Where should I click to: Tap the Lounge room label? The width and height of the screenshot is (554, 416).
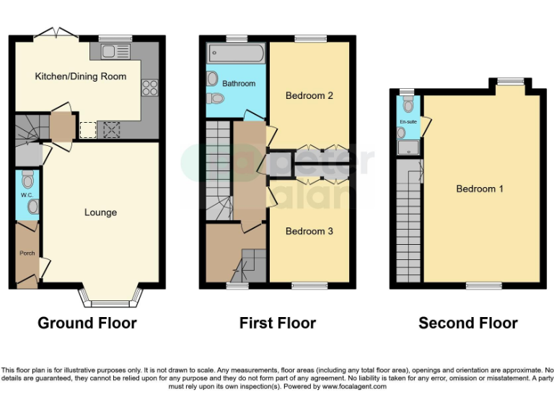tap(100, 212)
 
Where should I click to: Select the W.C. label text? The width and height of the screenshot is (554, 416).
tap(27, 195)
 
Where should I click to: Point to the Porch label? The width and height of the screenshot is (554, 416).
tap(26, 253)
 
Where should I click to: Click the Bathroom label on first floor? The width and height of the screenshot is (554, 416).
tap(239, 84)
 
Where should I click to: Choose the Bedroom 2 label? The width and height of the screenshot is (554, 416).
tap(309, 95)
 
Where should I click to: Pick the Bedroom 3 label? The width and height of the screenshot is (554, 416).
tap(309, 231)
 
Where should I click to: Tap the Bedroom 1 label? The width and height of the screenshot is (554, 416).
tap(480, 189)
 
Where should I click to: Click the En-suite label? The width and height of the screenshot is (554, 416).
tap(408, 122)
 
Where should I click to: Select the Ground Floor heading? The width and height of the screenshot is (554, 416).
tap(87, 323)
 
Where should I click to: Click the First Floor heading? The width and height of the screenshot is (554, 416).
tap(278, 323)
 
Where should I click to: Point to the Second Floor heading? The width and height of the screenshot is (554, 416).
tap(468, 323)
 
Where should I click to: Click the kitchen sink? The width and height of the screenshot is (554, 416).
tap(115, 51)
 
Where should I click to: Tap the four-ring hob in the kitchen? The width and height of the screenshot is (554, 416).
tap(150, 87)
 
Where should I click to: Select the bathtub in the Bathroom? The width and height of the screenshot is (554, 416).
tap(236, 54)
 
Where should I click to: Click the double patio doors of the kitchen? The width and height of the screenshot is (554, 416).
tap(56, 32)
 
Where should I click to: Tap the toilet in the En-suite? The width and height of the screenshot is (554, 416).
tap(409, 105)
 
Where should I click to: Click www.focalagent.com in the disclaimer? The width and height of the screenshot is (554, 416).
tap(356, 386)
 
